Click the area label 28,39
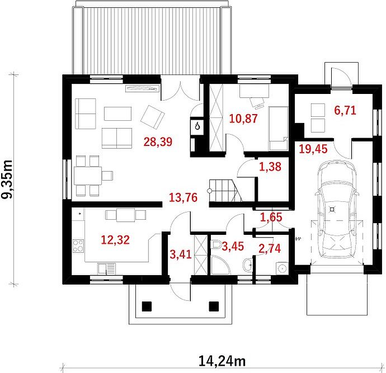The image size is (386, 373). coord(158,141)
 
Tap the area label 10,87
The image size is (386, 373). coord(243,119)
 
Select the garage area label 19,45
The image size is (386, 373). coord(313,149)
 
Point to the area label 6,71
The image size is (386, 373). coord(345,110)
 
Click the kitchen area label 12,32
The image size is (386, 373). coord(115,240)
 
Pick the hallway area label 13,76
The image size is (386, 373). coord(183,197)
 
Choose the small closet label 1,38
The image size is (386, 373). coord(270,167)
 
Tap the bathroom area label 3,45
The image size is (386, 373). coord(233,246)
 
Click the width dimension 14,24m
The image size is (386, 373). coord(222,361)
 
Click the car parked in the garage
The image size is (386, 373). coord(336,209)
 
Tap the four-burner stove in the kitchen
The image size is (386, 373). coord(78,246)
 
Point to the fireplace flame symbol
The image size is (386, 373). coord(197,126)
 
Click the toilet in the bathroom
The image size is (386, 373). coord(215,244)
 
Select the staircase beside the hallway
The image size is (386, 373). coord(224,191)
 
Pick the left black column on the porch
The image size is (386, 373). coord(147,306)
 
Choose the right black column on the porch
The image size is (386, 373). coord(214,306)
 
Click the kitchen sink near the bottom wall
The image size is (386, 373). coord(106,268)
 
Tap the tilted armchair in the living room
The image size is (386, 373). coord(153,117)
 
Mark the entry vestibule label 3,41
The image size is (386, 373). coord(181,254)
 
